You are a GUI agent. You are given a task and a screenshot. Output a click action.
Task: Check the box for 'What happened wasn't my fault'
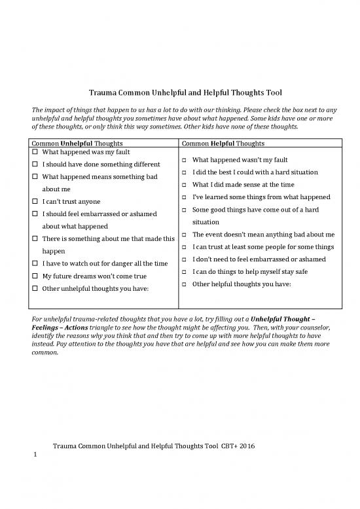pos(185,160)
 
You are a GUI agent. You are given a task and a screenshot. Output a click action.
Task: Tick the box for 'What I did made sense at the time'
pos(185,185)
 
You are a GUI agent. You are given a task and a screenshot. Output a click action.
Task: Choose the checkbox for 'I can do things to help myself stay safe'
pos(185,272)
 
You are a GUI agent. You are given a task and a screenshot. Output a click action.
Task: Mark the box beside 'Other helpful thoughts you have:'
pos(185,284)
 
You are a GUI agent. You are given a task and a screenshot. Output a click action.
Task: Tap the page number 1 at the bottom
pos(35,456)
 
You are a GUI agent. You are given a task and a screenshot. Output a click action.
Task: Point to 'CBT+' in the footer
pos(227,445)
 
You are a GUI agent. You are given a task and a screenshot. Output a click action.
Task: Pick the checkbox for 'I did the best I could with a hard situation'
pos(185,172)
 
